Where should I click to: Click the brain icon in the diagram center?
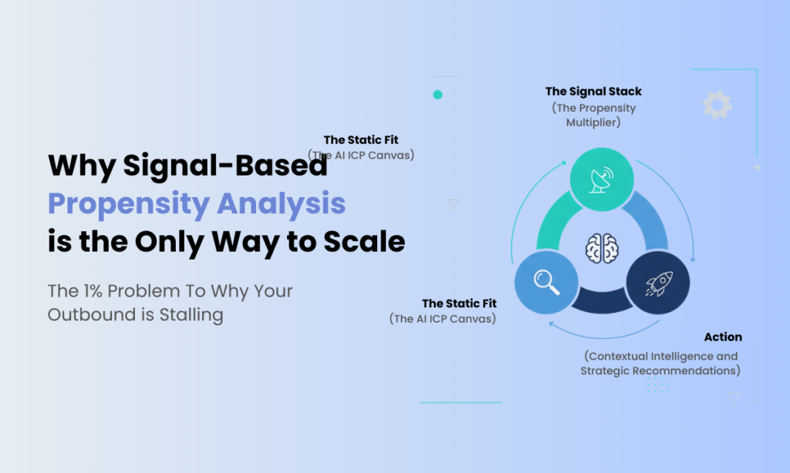602,248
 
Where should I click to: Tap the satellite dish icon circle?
602,179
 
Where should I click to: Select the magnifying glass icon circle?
546,282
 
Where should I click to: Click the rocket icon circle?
658,282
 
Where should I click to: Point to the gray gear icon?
717,105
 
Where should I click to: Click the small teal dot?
438,95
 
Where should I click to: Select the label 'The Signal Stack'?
593,92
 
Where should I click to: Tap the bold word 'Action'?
723,337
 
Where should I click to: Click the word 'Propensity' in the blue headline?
129,204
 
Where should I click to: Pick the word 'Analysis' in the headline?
282,204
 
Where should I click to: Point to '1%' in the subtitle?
93,291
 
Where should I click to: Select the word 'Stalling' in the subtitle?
191,315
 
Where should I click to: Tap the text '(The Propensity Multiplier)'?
593,116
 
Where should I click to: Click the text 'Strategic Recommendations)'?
660,371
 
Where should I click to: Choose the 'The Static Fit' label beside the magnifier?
460,304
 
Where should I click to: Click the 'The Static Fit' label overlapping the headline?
361,140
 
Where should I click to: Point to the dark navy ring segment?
602,301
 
